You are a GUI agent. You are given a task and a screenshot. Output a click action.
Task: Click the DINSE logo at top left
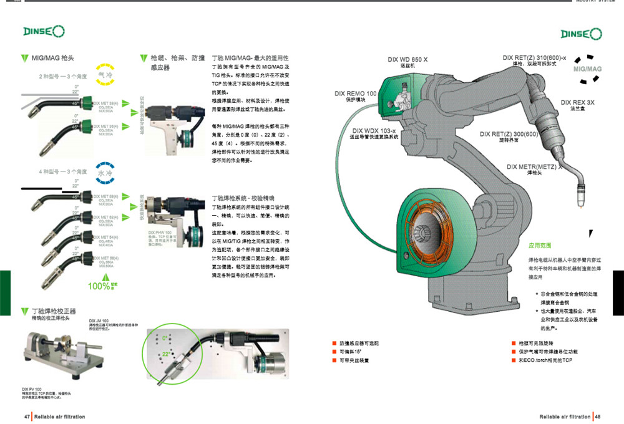pos(42,31)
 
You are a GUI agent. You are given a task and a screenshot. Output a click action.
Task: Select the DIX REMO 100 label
pos(356,94)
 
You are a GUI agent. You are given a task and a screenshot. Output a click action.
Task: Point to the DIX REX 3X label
pos(577,102)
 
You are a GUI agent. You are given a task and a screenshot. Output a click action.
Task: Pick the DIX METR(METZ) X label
pos(534,166)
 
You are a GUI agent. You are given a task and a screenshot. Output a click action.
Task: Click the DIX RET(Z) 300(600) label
pos(509,133)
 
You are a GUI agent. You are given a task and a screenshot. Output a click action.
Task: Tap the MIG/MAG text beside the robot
pos(587,69)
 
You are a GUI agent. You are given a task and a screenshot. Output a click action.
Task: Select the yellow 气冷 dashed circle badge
pos(104,74)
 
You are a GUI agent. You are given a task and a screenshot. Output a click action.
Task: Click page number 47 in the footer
pos(27,416)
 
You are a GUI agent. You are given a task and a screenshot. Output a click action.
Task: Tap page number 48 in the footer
pos(597,416)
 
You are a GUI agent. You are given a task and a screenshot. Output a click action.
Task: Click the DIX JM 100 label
pos(99,320)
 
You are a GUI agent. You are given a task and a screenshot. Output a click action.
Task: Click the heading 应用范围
pos(540,246)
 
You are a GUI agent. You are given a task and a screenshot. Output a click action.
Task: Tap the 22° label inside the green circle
pos(166,353)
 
